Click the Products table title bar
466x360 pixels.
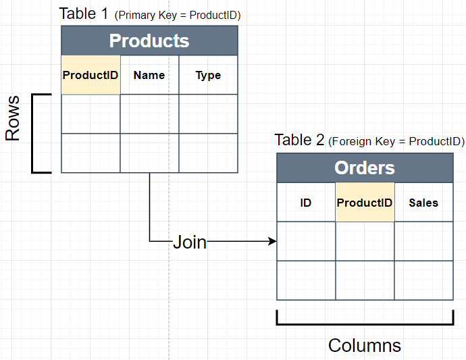coord(149,41)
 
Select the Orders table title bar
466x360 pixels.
coord(365,168)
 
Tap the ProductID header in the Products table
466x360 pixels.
coord(90,75)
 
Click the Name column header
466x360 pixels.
coord(149,75)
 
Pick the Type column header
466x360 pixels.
coord(208,75)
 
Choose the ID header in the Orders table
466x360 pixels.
coord(306,202)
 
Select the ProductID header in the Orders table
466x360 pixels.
coord(365,202)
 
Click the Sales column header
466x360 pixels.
coord(423,202)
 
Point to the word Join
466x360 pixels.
coord(190,242)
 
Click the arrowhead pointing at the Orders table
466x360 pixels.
coord(273,241)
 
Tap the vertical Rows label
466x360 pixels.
coord(13,118)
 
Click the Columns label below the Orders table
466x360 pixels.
coord(365,346)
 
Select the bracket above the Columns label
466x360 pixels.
coord(365,322)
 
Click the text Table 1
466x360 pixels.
coord(84,14)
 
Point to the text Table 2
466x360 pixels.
coord(300,140)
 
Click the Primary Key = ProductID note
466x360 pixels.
coord(178,15)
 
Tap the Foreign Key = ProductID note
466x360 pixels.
coord(396,142)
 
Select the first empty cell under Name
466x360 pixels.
coord(149,114)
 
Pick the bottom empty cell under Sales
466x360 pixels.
coord(423,280)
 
